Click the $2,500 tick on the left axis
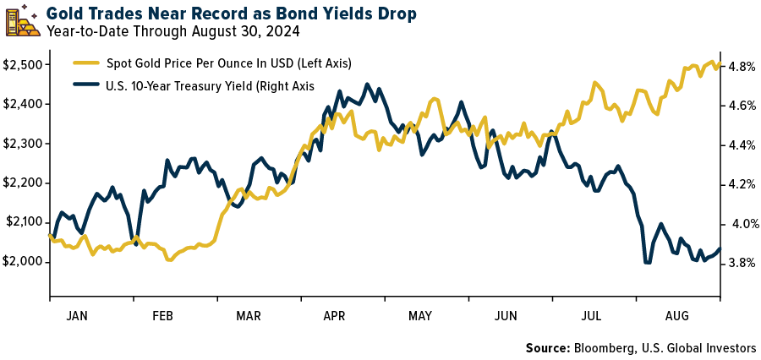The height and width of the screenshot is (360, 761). coord(23,65)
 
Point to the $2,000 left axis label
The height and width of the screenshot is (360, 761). coord(23,261)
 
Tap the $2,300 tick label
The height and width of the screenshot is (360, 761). coord(23,144)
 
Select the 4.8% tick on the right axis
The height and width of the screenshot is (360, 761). coord(740,66)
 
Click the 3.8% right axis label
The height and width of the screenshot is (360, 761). coord(740,263)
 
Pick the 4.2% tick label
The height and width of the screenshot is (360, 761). coord(740,184)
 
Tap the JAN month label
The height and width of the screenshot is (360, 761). coord(76,315)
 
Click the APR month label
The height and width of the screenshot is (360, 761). coord(334,315)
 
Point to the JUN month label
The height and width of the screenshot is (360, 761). coord(506,315)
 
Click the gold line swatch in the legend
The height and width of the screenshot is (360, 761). coord(84,63)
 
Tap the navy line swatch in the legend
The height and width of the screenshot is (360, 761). coord(84,85)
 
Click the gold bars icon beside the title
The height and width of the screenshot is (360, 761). coord(22,22)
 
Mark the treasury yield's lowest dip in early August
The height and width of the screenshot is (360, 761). coord(648,263)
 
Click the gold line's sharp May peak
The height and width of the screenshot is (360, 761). coord(434,99)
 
